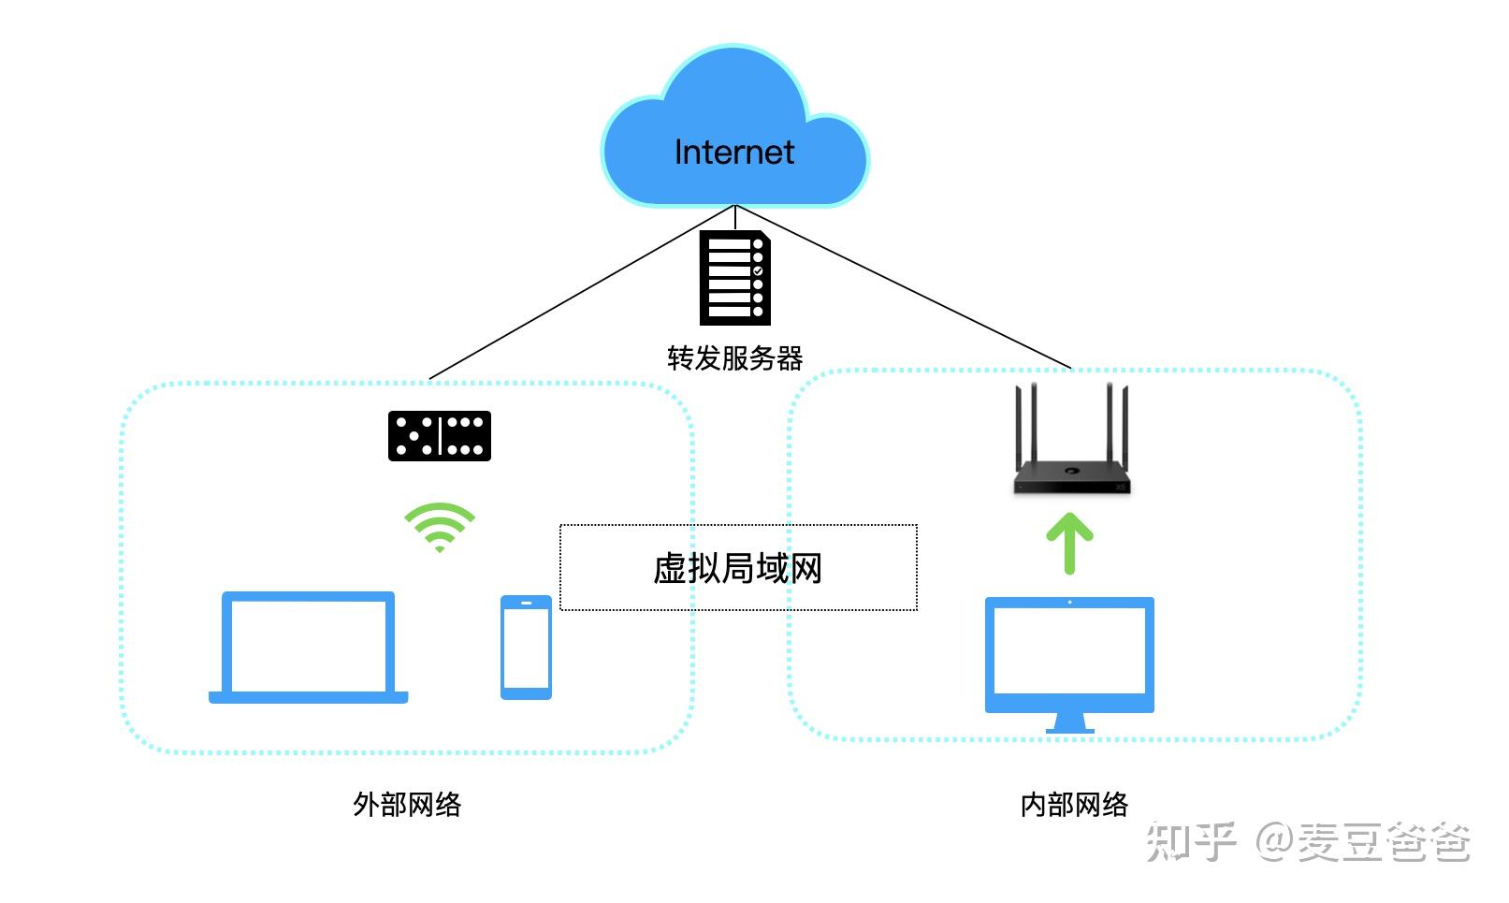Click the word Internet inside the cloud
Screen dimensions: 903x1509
733,153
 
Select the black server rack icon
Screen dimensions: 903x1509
735,278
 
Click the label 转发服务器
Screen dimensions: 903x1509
734,358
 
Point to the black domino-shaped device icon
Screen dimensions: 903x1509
440,436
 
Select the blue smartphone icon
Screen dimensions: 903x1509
526,648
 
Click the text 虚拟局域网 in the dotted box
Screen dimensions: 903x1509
737,568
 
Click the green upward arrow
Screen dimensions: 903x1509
1070,544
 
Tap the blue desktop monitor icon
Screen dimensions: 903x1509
1069,655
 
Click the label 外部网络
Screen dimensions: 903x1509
407,804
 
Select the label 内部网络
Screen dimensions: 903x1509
1074,804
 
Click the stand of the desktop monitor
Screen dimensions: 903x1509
1069,722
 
